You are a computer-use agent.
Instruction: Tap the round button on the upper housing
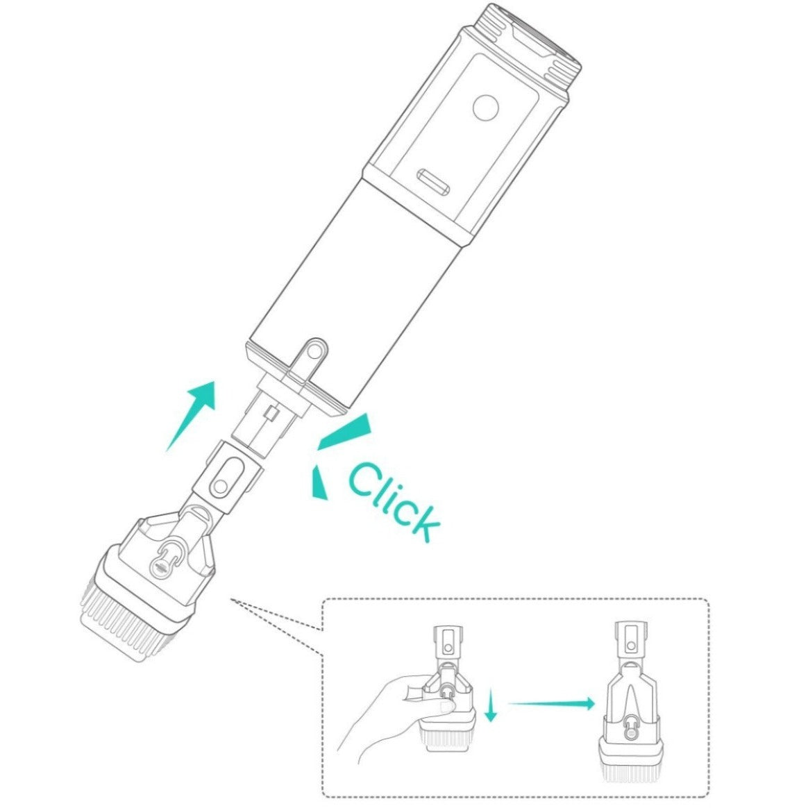coord(485,108)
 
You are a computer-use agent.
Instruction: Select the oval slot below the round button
coord(433,182)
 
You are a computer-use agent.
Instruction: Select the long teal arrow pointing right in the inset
coord(551,703)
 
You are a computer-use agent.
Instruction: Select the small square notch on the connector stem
coord(271,413)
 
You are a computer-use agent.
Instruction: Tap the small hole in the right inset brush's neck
coord(631,646)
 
